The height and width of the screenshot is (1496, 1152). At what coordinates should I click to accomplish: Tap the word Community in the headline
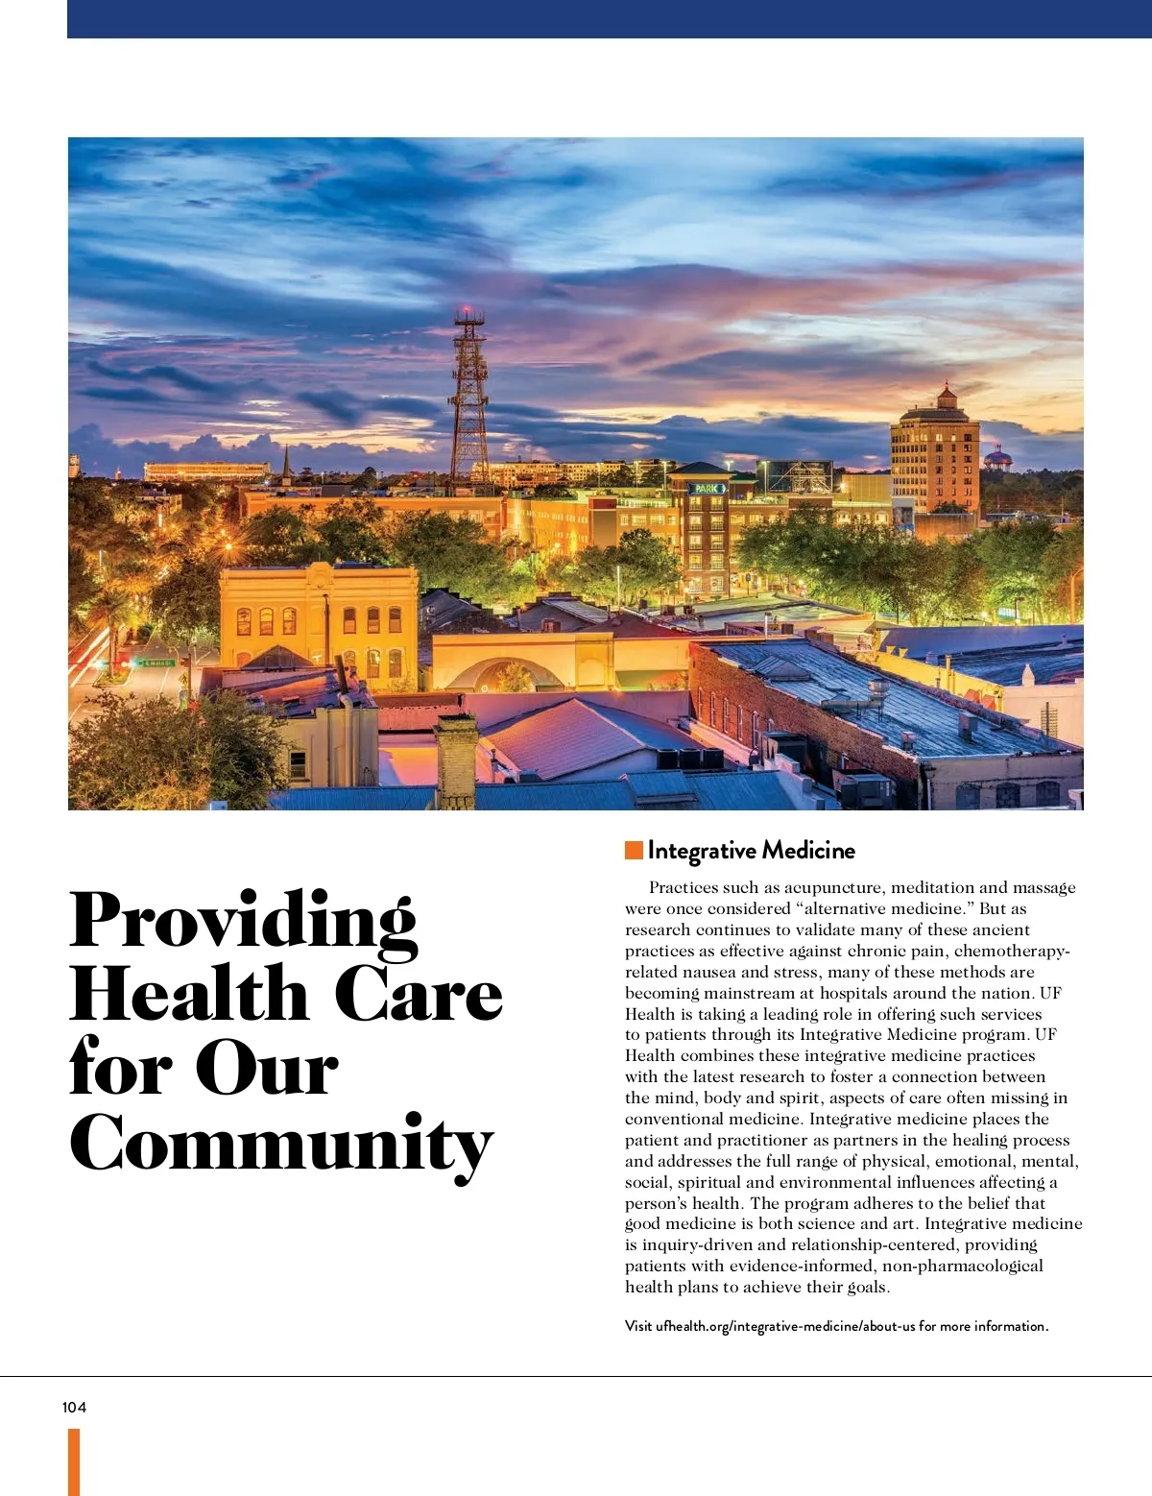click(x=281, y=1144)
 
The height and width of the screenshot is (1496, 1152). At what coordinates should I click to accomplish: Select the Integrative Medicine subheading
click(x=751, y=850)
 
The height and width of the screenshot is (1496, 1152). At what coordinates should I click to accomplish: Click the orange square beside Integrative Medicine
click(x=634, y=850)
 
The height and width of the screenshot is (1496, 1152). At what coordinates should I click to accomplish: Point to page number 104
click(x=74, y=1407)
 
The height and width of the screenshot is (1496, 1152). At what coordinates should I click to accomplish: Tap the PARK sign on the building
click(x=708, y=489)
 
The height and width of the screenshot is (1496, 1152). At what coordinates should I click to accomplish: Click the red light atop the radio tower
click(x=468, y=311)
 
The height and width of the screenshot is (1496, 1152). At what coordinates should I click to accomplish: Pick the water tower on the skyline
click(x=998, y=458)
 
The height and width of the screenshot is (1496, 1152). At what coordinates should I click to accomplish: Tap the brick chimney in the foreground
click(x=456, y=759)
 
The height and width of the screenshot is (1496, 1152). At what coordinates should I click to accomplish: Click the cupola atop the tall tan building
click(x=947, y=395)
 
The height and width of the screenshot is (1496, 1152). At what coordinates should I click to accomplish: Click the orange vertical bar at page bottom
click(x=74, y=1460)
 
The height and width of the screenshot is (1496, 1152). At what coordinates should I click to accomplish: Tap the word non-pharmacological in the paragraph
click(x=962, y=1266)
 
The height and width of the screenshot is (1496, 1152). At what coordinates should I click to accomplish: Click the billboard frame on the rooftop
click(x=799, y=476)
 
